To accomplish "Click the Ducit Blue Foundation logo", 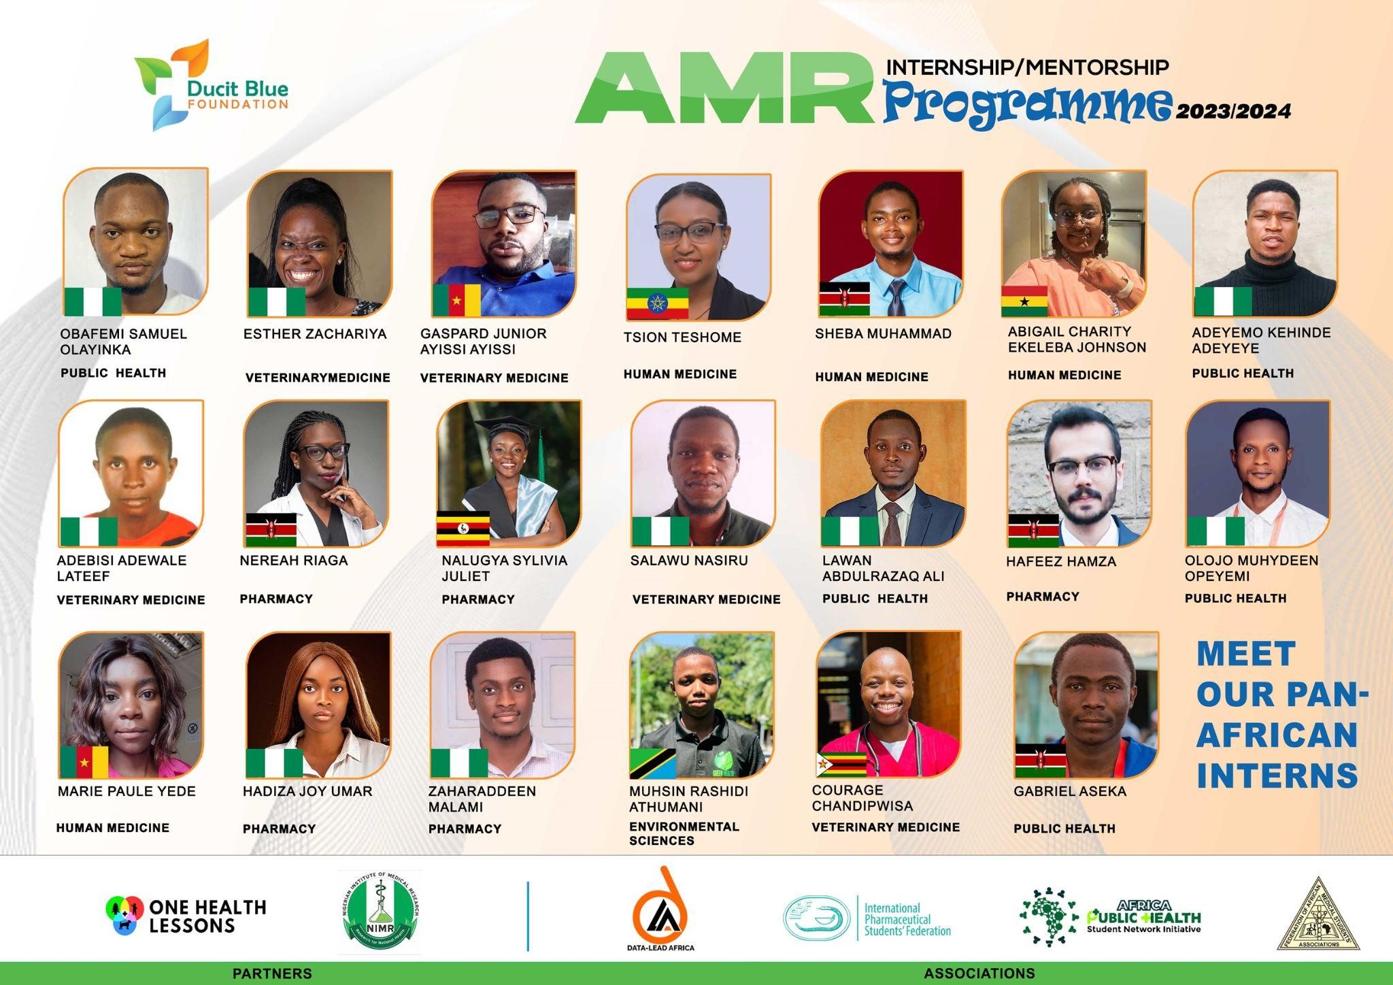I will click(211, 85).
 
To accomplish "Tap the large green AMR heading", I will click(724, 88).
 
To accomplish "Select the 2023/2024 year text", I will click(1232, 112).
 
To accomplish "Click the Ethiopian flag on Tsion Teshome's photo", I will click(657, 303).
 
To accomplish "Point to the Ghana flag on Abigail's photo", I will click(1024, 301).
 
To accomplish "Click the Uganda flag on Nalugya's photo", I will click(463, 529).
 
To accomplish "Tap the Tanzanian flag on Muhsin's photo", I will click(652, 763).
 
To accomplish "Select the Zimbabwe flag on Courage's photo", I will click(841, 764).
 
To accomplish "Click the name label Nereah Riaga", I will click(294, 561).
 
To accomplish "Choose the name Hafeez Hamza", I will click(1061, 562).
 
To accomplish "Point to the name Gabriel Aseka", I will click(1070, 791).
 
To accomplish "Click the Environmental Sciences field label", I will click(684, 833).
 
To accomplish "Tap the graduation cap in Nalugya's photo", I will click(507, 427).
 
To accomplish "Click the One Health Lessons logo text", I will click(207, 916).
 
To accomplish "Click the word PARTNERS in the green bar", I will click(272, 973).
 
